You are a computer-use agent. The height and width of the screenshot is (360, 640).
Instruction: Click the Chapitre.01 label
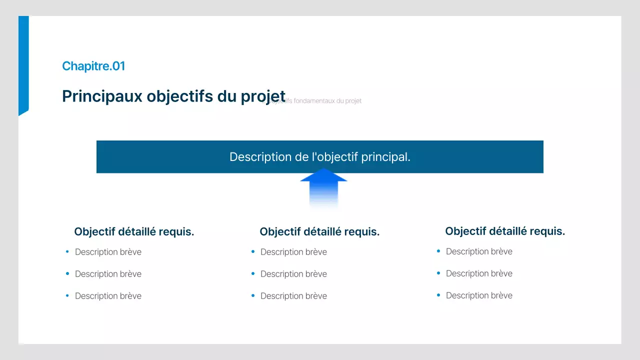tap(93, 66)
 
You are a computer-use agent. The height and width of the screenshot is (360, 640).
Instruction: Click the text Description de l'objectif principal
tap(320, 157)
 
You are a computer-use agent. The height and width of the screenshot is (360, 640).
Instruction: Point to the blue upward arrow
tap(323, 187)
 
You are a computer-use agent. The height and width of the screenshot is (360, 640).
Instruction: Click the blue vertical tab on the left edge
tap(23, 65)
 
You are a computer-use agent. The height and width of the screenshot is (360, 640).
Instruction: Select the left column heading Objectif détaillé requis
tap(134, 232)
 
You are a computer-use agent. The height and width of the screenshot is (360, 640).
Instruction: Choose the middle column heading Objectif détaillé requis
tap(319, 232)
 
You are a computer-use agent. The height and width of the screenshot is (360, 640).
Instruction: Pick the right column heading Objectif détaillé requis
tap(505, 231)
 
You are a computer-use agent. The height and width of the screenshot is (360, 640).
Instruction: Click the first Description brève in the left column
tap(108, 252)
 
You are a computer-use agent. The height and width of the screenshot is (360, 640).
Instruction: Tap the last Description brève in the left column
tap(108, 296)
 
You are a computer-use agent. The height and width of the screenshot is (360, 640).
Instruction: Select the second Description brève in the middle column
tap(293, 274)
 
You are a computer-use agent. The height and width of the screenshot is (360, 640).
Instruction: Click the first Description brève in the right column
tap(479, 251)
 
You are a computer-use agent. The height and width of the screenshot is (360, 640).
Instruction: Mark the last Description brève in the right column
tap(479, 295)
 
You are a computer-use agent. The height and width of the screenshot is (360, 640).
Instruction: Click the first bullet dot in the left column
tap(67, 251)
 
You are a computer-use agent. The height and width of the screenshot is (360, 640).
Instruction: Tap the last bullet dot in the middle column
tap(253, 295)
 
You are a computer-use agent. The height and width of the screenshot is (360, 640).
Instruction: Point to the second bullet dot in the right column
tap(438, 273)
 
